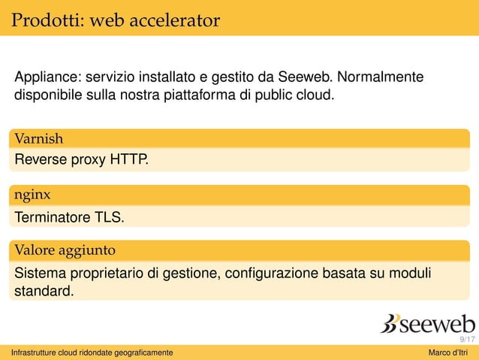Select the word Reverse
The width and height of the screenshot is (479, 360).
tap(41, 159)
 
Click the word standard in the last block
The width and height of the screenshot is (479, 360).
tap(44, 290)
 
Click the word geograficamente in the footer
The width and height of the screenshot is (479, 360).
tap(140, 353)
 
